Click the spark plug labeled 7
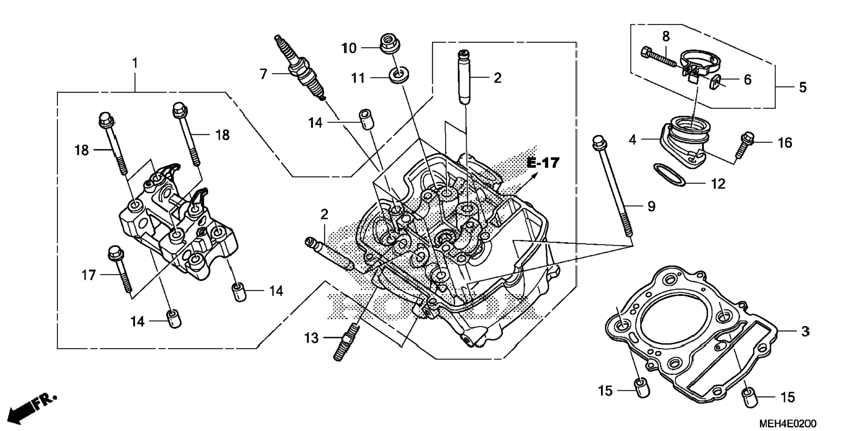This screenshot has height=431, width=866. coord(300,67)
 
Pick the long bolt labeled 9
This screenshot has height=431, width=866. coord(613,186)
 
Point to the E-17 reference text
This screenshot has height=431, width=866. coord(543,163)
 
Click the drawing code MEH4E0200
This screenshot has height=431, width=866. coord(787,423)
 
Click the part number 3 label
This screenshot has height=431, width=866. coord(805,331)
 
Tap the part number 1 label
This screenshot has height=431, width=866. coord(135,63)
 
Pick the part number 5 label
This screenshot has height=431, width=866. coord(803,87)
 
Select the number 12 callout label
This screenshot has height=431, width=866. coord(718,184)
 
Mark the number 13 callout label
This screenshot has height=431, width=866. coord(311,338)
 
